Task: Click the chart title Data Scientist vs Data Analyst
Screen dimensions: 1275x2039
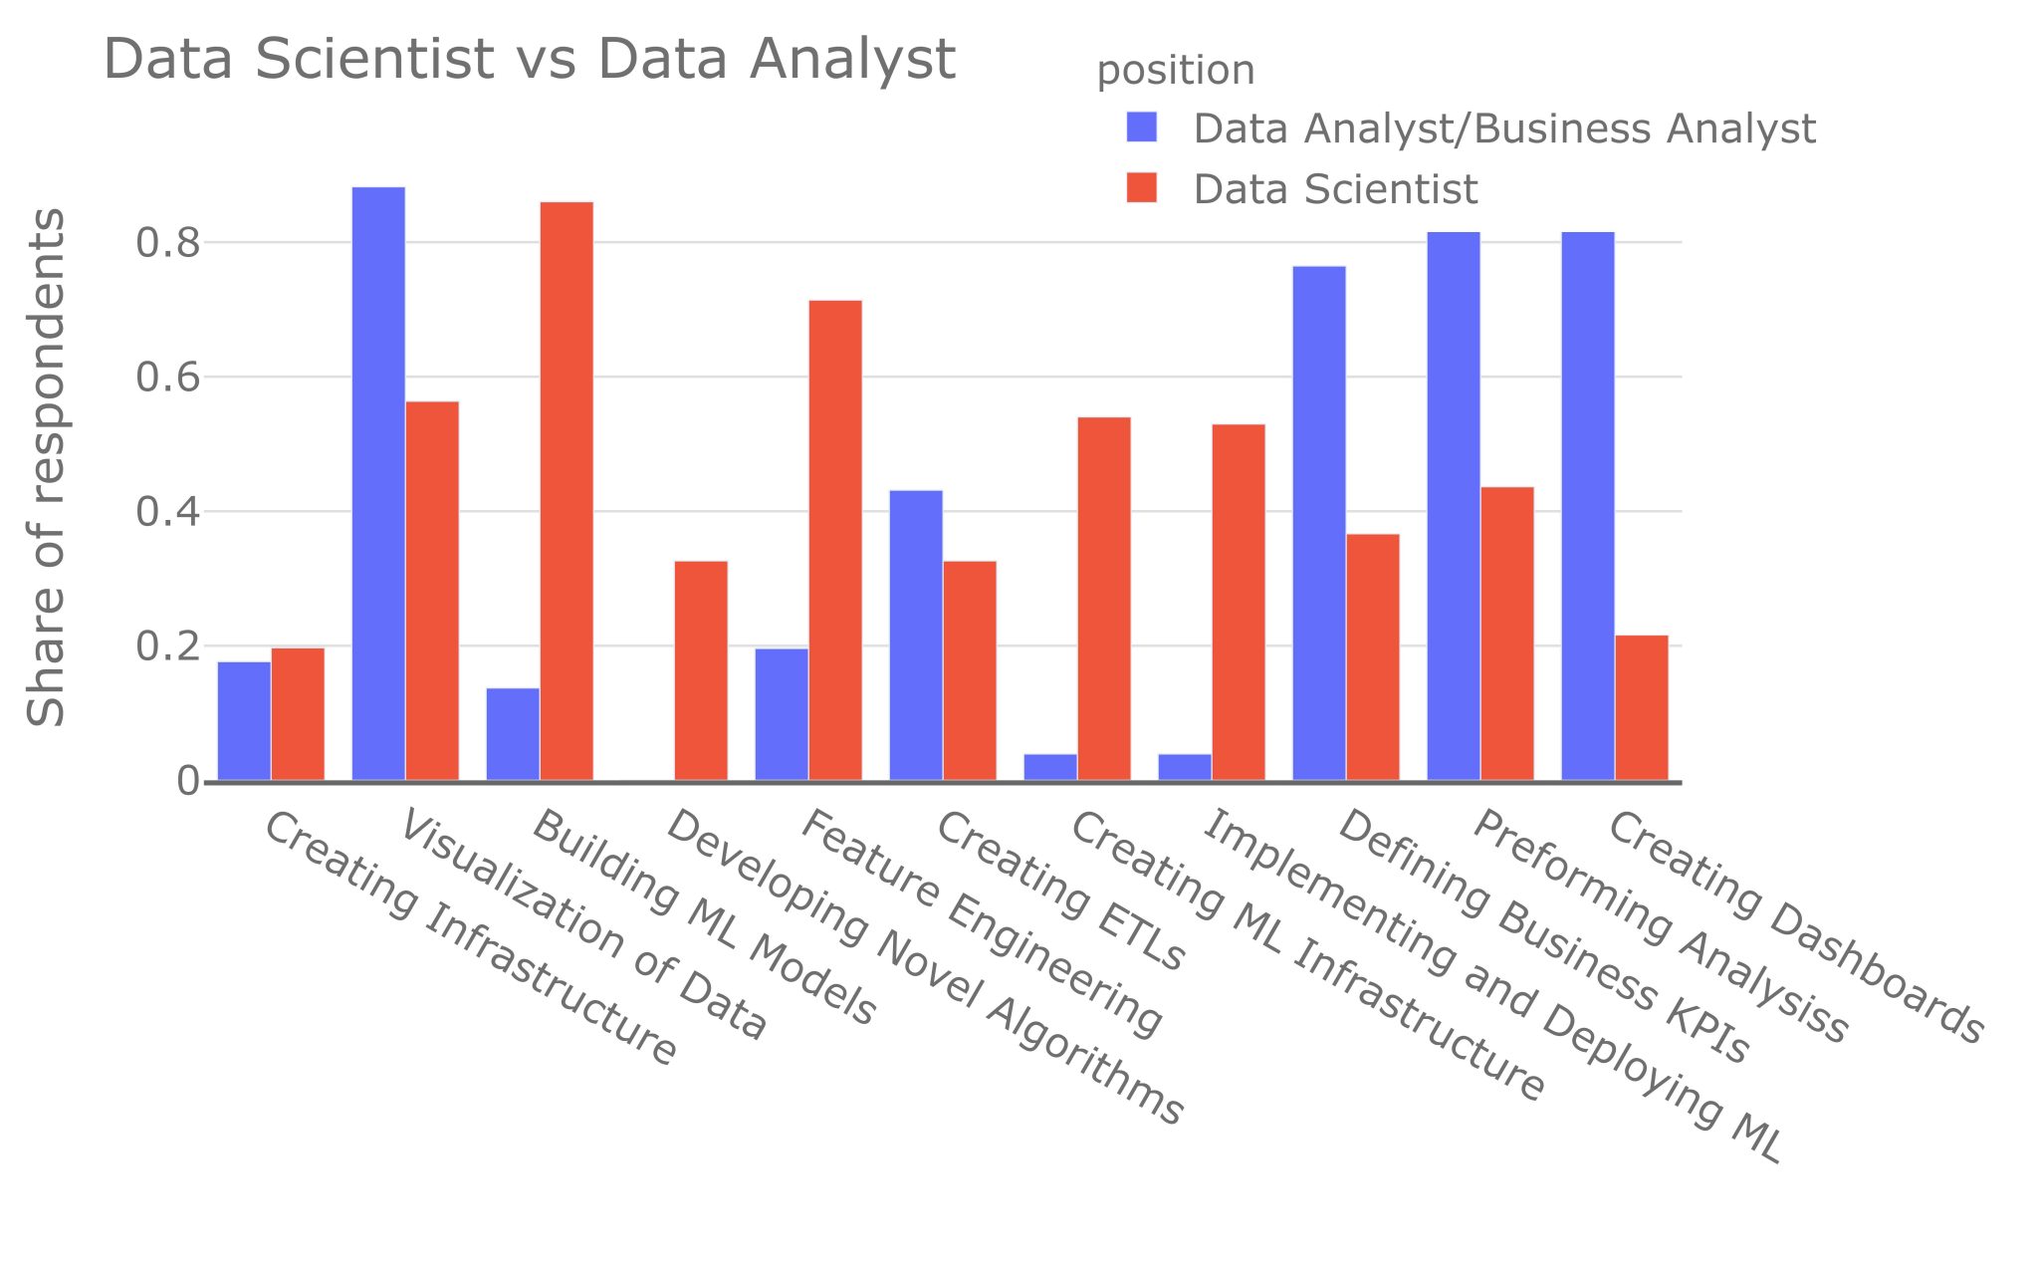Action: [529, 59]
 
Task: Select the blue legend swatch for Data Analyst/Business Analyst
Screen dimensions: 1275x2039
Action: [1142, 127]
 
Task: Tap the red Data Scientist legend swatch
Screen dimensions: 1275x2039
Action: [1142, 188]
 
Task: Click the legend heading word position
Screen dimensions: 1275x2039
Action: [1175, 71]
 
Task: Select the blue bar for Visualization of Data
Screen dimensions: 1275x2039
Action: [378, 483]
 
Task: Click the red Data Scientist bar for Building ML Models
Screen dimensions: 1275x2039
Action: [566, 491]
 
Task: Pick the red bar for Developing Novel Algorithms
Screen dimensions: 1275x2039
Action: [701, 670]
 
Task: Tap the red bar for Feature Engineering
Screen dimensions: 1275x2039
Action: [835, 540]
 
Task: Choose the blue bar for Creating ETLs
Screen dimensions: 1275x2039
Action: [916, 635]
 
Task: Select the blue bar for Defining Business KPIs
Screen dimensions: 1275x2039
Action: [1319, 523]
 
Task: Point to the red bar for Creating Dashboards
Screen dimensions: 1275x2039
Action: [1642, 707]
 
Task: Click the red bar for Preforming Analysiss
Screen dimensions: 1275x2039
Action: [1507, 634]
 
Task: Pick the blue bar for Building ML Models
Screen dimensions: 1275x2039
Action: [513, 734]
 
